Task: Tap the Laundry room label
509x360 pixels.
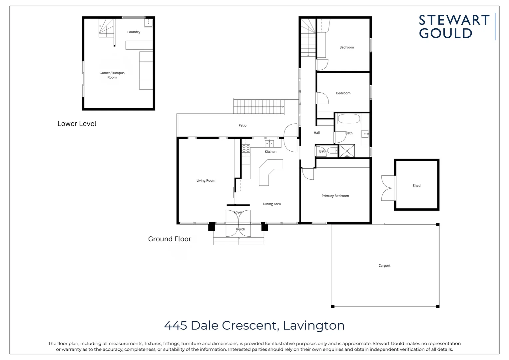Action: pos(134,32)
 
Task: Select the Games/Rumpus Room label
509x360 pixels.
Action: pos(112,75)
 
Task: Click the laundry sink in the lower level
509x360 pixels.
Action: pos(149,23)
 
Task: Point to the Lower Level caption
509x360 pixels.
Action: pos(77,124)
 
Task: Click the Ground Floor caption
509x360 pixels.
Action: pos(170,239)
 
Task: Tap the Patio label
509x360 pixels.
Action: pos(242,125)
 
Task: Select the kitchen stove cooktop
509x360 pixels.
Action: pos(246,148)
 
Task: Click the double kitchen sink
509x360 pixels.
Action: pos(269,144)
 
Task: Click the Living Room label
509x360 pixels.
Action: pos(206,180)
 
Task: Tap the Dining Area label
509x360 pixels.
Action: pos(271,204)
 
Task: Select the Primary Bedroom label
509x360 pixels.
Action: pos(335,196)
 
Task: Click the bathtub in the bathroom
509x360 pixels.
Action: pos(349,119)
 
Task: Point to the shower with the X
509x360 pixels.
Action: pos(347,151)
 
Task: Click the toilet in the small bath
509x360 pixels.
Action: pos(332,151)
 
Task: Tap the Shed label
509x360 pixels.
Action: pos(416,186)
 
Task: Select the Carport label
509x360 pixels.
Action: pos(384,266)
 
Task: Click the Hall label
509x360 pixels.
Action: pos(316,133)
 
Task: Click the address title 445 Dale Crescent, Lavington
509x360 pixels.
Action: pos(254,325)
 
